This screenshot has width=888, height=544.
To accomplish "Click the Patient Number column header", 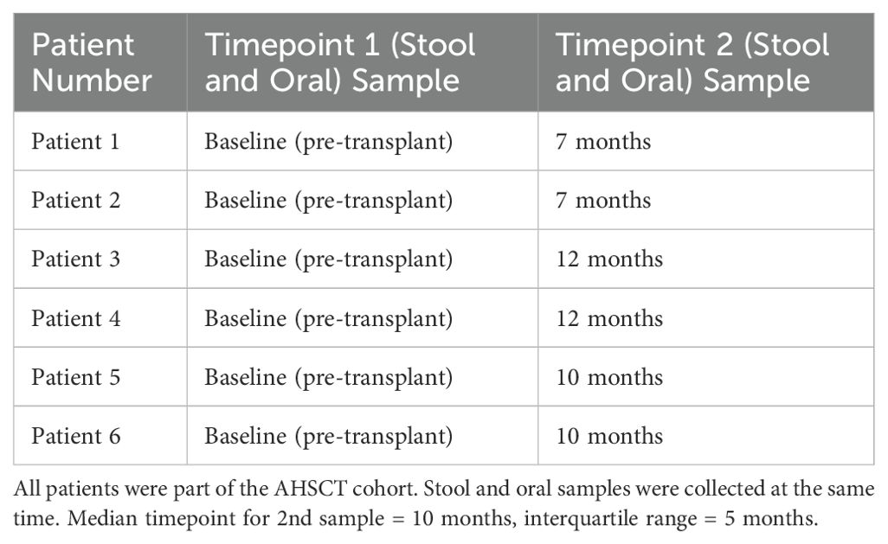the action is pyautogui.click(x=92, y=62).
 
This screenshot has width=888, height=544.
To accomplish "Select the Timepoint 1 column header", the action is pyautogui.click(x=340, y=62).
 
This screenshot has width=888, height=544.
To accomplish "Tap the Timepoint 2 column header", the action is pyautogui.click(x=692, y=62).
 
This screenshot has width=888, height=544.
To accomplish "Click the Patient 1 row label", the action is pyautogui.click(x=75, y=141).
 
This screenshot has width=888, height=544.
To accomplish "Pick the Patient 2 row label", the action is pyautogui.click(x=76, y=200).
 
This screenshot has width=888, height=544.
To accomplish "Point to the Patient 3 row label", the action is pyautogui.click(x=76, y=259).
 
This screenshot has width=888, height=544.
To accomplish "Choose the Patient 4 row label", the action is pyautogui.click(x=76, y=318).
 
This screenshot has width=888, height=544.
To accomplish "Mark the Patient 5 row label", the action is pyautogui.click(x=76, y=377).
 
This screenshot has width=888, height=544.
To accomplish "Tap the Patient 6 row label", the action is pyautogui.click(x=76, y=436).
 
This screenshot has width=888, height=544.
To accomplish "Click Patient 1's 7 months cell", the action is pyautogui.click(x=603, y=141).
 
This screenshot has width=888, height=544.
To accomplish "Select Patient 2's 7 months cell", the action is pyautogui.click(x=603, y=200).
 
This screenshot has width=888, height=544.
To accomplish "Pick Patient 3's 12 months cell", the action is pyautogui.click(x=609, y=259).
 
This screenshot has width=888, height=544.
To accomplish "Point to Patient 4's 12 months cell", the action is pyautogui.click(x=609, y=318).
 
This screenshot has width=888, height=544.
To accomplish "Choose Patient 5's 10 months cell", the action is pyautogui.click(x=609, y=377).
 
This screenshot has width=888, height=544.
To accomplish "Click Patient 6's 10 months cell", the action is pyautogui.click(x=609, y=436).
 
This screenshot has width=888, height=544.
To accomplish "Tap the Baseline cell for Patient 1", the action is pyautogui.click(x=329, y=142).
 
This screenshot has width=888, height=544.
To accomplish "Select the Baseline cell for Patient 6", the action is pyautogui.click(x=329, y=437).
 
